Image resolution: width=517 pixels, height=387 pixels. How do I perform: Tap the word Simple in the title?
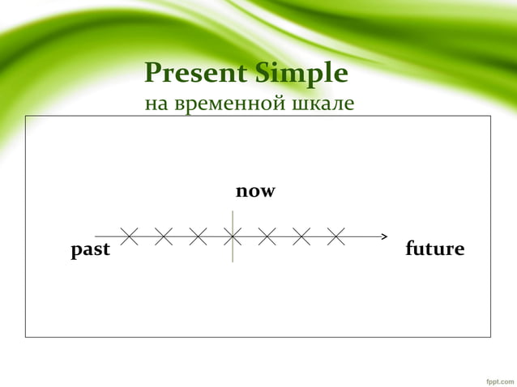coord(302,74)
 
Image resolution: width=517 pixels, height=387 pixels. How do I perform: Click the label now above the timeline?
coord(255,192)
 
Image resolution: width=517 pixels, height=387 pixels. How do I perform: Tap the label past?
coord(90,249)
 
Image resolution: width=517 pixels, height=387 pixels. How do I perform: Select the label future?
coord(434,249)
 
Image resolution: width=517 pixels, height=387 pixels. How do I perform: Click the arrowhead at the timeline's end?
coord(385,236)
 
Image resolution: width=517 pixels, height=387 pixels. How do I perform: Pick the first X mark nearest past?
coord(128,236)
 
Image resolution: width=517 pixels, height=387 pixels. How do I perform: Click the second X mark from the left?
coord(163,236)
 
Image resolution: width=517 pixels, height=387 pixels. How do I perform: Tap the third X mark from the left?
coord(198,236)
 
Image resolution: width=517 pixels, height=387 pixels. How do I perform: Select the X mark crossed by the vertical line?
coord(233,236)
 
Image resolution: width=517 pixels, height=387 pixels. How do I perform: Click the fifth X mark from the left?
coord(267,236)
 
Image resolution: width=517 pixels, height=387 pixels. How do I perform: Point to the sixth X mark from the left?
coord(301,236)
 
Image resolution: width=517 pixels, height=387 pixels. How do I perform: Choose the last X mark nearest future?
coord(336,236)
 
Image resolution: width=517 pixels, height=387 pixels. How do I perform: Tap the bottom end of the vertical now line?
coord(233,261)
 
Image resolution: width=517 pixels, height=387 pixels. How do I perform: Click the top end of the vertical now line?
coord(233,211)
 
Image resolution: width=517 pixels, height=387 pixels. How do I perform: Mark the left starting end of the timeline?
coord(96,236)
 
